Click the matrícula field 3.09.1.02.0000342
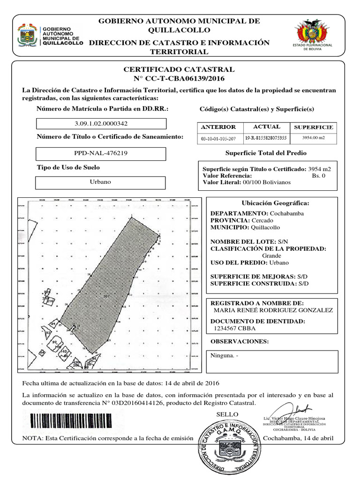(x=101, y=124)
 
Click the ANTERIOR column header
(x=218, y=127)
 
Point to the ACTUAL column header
(x=266, y=127)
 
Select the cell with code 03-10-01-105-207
(x=218, y=139)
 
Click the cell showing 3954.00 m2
(x=313, y=138)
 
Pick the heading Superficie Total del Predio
(x=266, y=153)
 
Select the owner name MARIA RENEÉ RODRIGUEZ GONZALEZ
(x=273, y=310)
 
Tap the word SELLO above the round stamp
(x=227, y=414)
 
